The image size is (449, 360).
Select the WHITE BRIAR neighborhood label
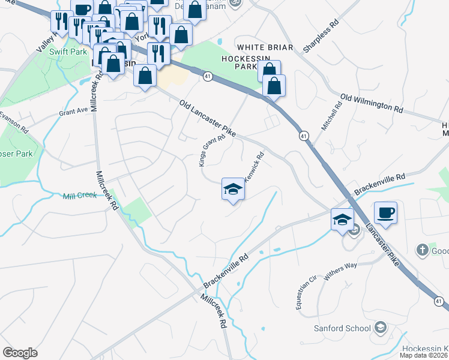[265, 47]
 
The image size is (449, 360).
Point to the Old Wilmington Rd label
[372, 103]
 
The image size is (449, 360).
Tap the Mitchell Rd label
[330, 117]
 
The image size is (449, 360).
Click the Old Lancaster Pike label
[208, 118]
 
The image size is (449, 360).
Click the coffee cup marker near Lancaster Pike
[384, 212]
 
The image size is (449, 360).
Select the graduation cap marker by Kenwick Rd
[233, 190]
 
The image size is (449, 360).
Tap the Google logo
[20, 353]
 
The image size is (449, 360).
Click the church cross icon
[422, 249]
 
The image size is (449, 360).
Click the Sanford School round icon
[379, 328]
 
